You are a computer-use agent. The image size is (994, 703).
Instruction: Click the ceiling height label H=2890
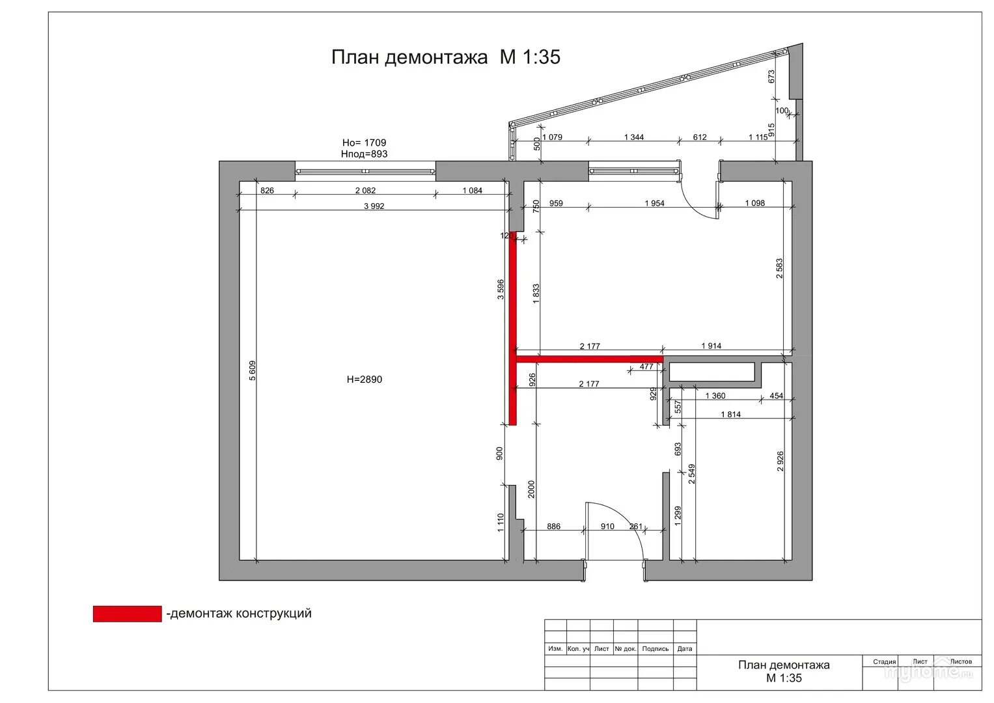pos(365,379)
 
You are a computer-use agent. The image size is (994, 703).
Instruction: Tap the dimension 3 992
pos(374,206)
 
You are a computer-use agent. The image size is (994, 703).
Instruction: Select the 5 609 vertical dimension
pos(252,370)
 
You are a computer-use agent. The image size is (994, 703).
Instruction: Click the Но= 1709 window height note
pos(364,143)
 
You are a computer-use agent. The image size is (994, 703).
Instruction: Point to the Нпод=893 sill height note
pos(364,154)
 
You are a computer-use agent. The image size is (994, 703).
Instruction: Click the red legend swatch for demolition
pos(128,614)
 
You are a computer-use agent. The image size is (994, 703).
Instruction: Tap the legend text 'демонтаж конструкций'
pos(241,613)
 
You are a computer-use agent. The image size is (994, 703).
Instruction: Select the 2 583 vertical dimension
pos(779,268)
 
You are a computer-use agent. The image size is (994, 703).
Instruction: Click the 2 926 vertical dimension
pos(780,461)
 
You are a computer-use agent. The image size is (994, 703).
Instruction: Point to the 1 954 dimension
pos(655,203)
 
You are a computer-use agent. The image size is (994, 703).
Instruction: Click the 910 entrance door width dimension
pos(607,527)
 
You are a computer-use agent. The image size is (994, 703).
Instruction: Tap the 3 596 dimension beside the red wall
pos(501,290)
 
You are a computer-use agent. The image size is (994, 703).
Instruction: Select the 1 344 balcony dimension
pos(633,137)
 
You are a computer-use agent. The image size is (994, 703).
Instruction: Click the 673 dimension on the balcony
pos(771,76)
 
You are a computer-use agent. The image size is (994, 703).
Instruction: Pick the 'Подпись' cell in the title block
pos(655,649)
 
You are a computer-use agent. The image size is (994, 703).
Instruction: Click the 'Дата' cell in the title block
pos(685,649)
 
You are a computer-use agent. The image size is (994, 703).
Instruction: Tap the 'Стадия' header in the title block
pos(885,662)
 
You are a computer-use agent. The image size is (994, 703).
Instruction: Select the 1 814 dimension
pos(730,415)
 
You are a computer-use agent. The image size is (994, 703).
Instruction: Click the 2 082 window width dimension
pos(365,190)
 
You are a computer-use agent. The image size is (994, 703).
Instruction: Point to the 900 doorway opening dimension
pos(499,453)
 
